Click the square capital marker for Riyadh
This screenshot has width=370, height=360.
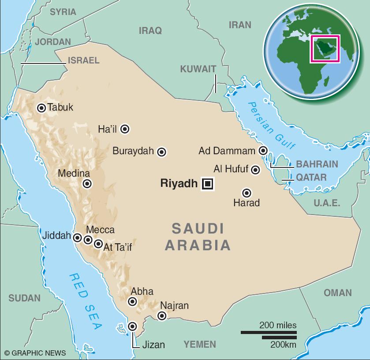pos(207,184)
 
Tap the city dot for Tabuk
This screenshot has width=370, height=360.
pos(41,108)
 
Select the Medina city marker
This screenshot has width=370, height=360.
pos(87,184)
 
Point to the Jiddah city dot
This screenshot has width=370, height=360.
pos(78,238)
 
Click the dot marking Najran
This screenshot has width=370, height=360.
pos(162,315)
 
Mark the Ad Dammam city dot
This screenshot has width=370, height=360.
pos(263,151)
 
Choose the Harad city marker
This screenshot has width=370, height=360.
pos(247,193)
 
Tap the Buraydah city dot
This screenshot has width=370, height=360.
pos(162,152)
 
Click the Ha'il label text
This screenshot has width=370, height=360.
pos(108,129)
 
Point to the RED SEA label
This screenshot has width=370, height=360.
pos(85,301)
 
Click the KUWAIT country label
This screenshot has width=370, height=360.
pos(198,69)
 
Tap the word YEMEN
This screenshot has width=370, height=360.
pos(200,344)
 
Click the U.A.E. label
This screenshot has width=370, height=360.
pos(327,203)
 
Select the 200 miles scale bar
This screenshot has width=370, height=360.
pos(268,332)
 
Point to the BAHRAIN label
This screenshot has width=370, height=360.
pos(317,164)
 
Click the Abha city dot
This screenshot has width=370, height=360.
pos(132,301)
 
